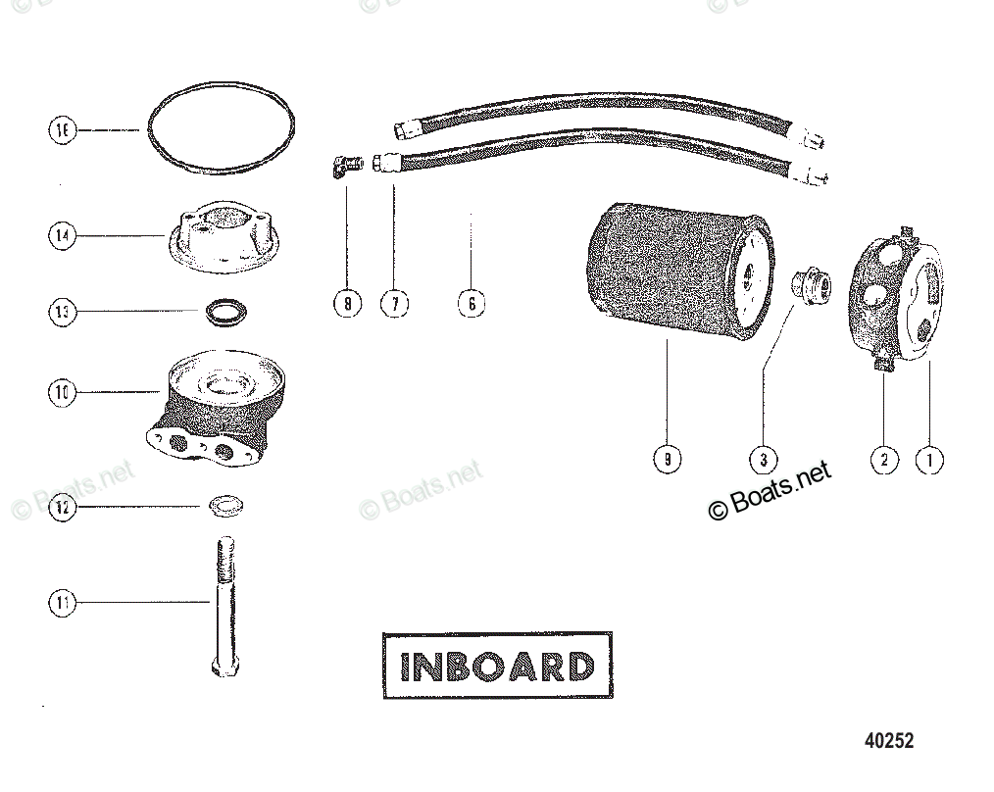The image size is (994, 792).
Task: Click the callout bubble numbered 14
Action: pyautogui.click(x=63, y=235)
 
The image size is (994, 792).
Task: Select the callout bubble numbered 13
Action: pyautogui.click(x=63, y=312)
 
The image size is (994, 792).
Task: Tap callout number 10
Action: pyautogui.click(x=63, y=392)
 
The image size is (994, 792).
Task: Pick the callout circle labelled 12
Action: pyautogui.click(x=63, y=508)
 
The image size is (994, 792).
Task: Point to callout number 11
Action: pyautogui.click(x=63, y=603)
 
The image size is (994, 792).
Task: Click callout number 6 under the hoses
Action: pyautogui.click(x=472, y=304)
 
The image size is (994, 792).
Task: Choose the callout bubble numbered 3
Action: pyautogui.click(x=764, y=459)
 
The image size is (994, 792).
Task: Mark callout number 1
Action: pyautogui.click(x=929, y=459)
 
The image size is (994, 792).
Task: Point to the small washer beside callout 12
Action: pyautogui.click(x=226, y=507)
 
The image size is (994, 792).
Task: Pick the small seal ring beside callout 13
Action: pyautogui.click(x=226, y=314)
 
